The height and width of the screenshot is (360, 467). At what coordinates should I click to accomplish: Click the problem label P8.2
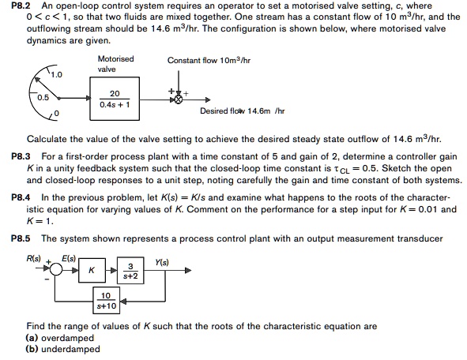tap(16, 6)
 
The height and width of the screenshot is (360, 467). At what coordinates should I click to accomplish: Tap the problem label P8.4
tap(16, 198)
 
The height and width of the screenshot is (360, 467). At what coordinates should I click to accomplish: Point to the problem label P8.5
tap(16, 238)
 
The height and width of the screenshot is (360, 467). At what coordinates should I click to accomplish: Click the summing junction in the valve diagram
tap(179, 100)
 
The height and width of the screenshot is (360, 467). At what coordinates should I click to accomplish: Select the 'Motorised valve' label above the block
tap(115, 64)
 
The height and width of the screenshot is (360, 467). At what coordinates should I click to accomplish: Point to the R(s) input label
tap(34, 258)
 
